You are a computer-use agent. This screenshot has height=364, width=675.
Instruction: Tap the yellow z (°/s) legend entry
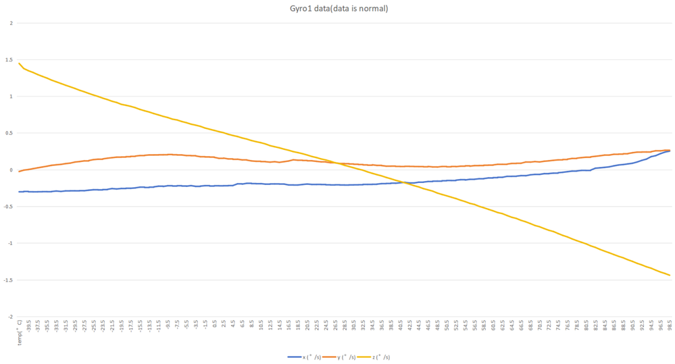376,357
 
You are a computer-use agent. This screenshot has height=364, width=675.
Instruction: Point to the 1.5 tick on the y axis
9,60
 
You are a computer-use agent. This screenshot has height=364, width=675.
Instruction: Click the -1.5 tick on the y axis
8,280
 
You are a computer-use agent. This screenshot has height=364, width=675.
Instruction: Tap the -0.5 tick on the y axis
8,207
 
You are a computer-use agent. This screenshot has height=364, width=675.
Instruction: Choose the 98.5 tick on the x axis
670,326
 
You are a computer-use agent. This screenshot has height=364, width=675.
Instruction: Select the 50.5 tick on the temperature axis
447,326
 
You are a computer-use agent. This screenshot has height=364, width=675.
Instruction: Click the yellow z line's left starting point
20,63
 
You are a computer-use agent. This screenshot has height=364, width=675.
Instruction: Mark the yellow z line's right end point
670,275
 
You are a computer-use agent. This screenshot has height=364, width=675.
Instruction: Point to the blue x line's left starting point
20,192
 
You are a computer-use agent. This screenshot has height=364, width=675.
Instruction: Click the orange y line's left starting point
20,172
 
